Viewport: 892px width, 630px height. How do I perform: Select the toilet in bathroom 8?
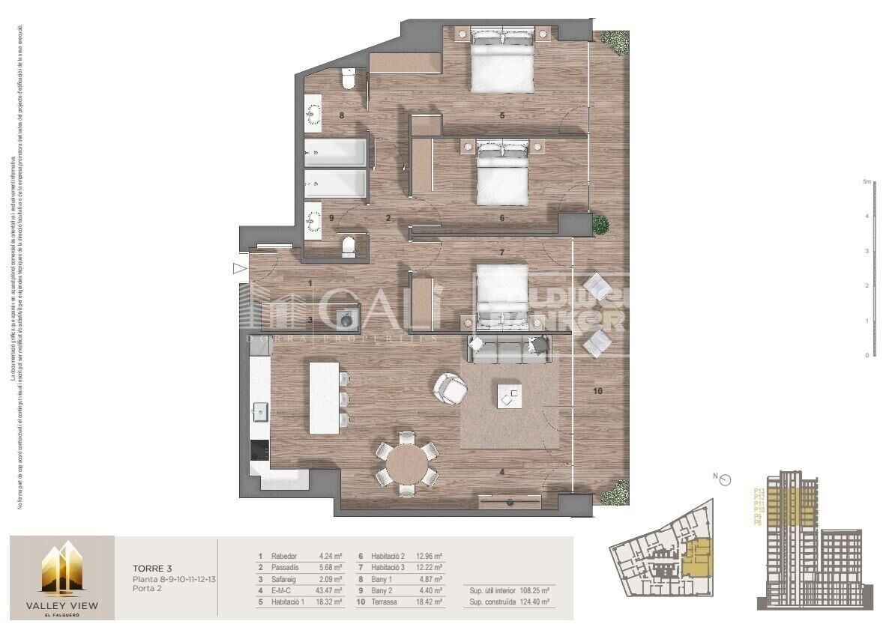pos(347,78)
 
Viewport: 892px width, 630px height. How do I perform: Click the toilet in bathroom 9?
pos(349,247)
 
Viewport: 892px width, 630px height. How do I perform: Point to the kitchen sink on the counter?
pos(260,410)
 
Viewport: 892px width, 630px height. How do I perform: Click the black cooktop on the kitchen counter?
pos(259,450)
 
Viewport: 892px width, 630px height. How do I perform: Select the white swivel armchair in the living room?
pos(450,387)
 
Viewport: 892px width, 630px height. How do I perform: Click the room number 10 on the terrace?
pos(597,391)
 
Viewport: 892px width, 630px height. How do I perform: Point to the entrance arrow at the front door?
pos(239,268)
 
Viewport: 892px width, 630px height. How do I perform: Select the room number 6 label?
pos(501,218)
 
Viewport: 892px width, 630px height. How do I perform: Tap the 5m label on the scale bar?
pos(866,182)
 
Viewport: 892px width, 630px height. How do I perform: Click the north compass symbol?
pos(725,481)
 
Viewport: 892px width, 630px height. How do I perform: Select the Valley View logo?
pos(61,577)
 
